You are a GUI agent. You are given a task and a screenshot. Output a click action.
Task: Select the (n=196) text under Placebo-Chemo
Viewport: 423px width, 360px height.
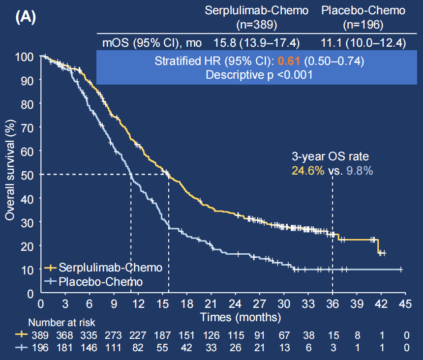(x=363, y=25)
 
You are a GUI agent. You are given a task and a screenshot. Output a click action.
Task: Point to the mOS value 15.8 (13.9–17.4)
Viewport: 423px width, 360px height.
(x=256, y=43)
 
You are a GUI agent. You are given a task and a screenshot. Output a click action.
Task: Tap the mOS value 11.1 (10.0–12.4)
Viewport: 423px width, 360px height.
(x=363, y=43)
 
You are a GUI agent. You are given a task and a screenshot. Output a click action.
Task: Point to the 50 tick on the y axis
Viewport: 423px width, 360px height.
(x=29, y=175)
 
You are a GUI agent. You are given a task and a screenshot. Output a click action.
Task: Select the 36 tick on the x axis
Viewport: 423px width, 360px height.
(x=332, y=303)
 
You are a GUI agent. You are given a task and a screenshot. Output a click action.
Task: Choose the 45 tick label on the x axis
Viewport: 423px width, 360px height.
(x=405, y=303)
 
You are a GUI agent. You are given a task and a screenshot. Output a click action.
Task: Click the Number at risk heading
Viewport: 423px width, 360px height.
(x=61, y=323)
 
